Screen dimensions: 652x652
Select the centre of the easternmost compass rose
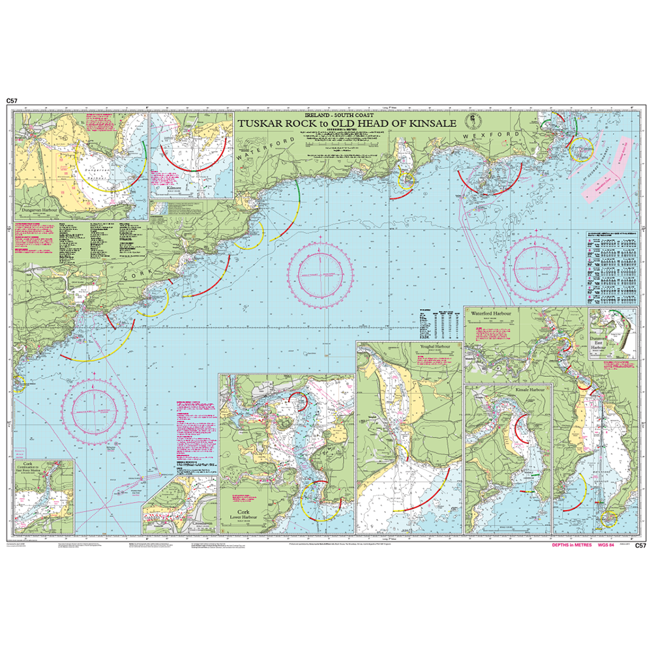pyautogui.click(x=539, y=263)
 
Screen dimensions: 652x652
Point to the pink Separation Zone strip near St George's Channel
pyautogui.click(x=604, y=182)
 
